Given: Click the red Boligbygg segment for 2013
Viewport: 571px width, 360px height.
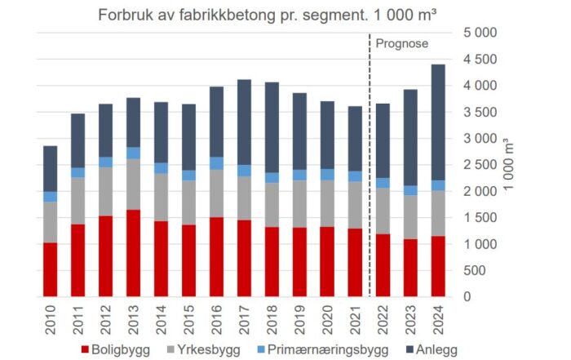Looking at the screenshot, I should (133, 253).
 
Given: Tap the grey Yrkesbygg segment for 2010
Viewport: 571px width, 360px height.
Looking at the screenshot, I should (50, 222).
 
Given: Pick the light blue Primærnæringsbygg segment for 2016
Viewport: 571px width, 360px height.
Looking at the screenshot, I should (216, 163).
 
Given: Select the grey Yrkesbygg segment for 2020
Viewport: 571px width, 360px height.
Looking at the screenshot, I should (327, 203).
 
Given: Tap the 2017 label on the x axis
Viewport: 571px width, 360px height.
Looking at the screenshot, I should (244, 315).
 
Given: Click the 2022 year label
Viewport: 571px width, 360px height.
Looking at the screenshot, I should (383, 315).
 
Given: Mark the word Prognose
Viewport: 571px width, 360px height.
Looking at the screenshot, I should (403, 42).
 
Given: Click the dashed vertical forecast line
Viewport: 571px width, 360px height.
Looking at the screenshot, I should (369, 163).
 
